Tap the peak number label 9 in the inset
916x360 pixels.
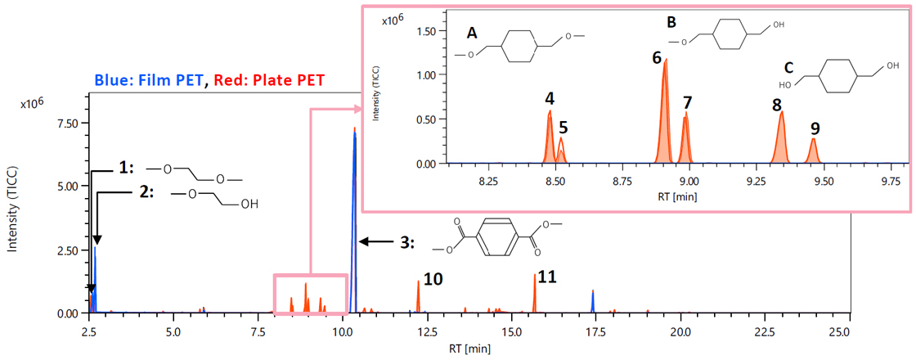[815, 128]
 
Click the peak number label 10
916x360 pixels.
[433, 279]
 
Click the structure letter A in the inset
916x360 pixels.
[472, 34]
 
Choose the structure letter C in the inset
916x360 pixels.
[788, 68]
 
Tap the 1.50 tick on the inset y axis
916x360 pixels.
[424, 29]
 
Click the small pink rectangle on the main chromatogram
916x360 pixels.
[310, 294]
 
